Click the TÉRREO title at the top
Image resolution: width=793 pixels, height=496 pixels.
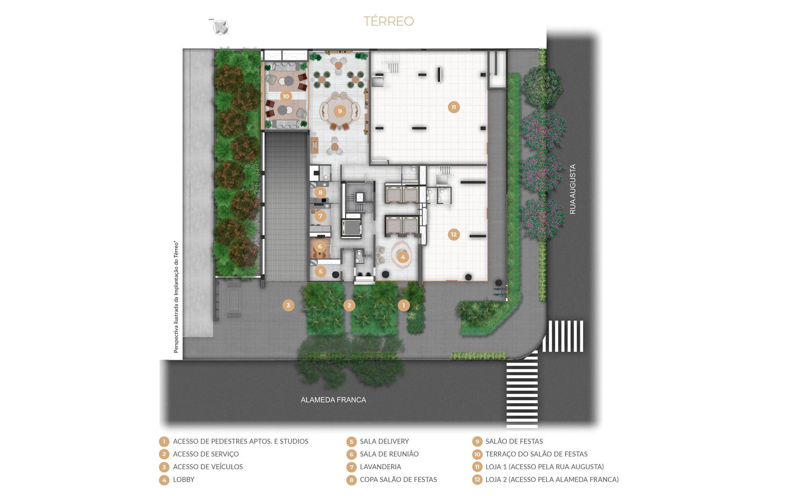coord(389,21)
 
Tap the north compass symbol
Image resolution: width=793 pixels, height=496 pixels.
coord(221,28)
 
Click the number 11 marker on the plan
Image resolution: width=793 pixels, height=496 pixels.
coord(453,107)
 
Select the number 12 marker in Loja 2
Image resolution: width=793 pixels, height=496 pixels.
coord(453,234)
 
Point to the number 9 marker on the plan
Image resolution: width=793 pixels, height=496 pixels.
coord(340,111)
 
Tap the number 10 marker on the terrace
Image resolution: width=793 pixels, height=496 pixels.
coord(286,96)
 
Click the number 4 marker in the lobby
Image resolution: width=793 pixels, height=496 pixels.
coord(403,257)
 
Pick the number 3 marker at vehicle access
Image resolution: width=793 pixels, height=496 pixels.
coord(288,305)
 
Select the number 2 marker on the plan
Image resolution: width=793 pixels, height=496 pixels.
coord(349,305)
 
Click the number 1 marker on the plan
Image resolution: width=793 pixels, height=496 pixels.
coord(404,305)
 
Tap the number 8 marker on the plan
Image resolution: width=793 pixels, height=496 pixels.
coord(320,192)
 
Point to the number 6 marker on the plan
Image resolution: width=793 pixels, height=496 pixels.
coord(320,246)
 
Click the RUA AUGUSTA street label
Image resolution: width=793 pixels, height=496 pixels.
coord(572,189)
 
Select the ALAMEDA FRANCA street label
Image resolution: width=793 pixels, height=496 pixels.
coord(333,400)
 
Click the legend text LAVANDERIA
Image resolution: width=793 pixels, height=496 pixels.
coord(380,467)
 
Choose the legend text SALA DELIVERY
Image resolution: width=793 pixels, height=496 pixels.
coord(384,441)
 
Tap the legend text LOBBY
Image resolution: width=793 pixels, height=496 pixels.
coord(184,479)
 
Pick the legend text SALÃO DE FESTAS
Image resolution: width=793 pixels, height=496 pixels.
coord(514,441)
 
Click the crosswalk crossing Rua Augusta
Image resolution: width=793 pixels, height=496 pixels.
coord(563,336)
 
